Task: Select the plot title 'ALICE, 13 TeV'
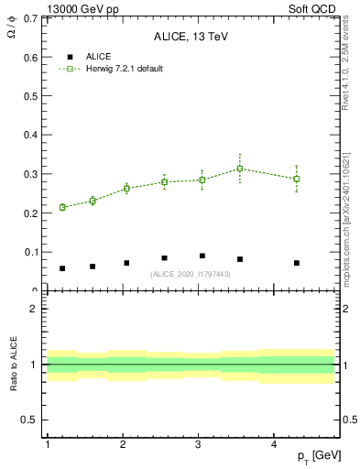pos(191,37)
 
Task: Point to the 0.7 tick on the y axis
pos(30,18)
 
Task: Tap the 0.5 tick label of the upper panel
pos(30,96)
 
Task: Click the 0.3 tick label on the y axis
pos(30,174)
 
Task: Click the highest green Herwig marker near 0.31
pos(240,169)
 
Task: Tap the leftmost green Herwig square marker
pos(62,207)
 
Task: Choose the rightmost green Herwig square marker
pos(297,179)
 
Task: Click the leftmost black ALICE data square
pos(62,268)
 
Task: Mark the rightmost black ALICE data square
pos(297,263)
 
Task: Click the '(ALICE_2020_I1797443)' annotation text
pos(191,274)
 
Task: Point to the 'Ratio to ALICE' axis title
pos(13,365)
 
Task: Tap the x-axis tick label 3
pos(199,444)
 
